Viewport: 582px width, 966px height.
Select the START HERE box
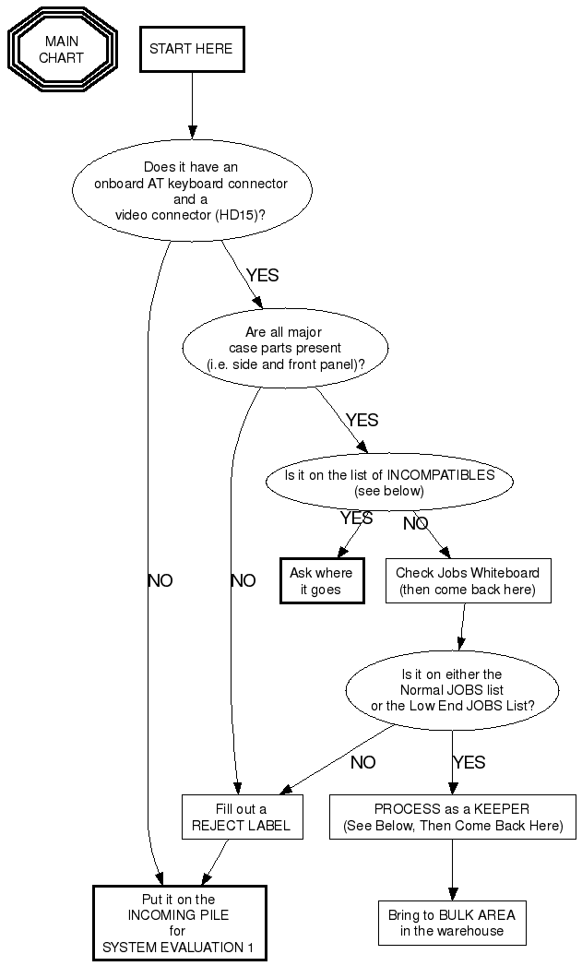[191, 49]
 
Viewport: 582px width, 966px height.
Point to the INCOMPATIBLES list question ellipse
[388, 483]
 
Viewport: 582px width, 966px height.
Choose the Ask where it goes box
[321, 581]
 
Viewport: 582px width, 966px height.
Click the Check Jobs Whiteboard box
[468, 581]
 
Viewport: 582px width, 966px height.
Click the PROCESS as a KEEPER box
[452, 817]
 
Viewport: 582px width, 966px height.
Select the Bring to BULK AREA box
[452, 923]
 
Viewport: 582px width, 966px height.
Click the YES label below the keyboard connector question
[262, 275]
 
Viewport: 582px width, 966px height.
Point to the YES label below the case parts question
[362, 420]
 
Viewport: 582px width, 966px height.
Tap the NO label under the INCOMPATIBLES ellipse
[415, 524]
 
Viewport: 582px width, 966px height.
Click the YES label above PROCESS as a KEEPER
[469, 763]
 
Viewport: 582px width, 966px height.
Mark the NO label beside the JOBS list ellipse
[362, 763]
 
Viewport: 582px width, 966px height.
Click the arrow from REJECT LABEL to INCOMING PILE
[212, 863]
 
